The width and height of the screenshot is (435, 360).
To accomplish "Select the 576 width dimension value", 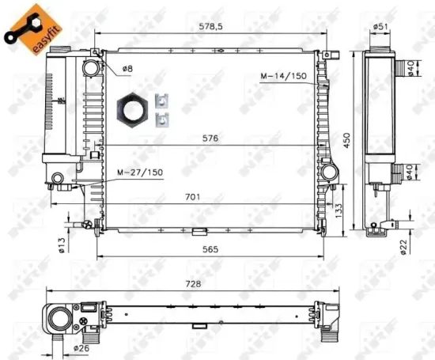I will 209,137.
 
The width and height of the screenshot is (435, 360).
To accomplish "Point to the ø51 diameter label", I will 380,27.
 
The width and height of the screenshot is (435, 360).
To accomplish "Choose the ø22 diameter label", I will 403,247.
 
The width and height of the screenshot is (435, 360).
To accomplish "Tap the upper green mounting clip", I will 163,101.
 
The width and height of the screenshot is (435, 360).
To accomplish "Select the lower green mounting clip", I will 163,119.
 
